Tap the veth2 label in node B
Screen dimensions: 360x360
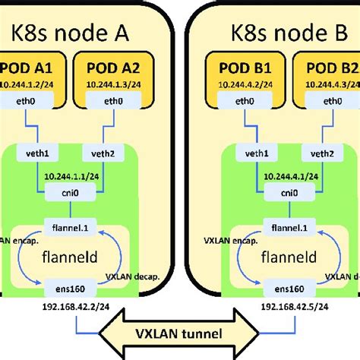coord(324,154)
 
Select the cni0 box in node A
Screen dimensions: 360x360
coord(69,194)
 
